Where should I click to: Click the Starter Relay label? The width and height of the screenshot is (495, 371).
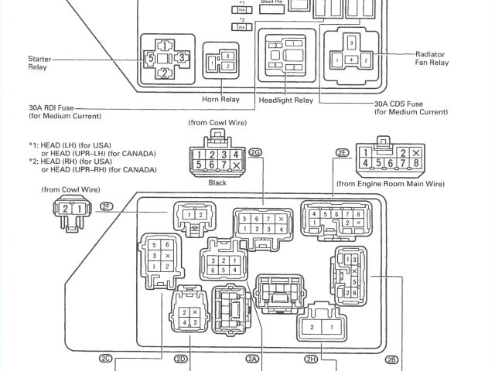38,63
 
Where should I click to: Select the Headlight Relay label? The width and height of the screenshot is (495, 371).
285,100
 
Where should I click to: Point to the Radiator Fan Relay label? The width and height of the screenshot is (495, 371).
432,58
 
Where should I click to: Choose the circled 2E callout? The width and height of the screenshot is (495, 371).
342,154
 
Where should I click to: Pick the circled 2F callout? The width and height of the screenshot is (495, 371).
108,206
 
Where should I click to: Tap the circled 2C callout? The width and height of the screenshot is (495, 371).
106,359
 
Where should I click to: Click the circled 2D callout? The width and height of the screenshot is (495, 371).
181,359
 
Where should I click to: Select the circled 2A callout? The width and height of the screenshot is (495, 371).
252,359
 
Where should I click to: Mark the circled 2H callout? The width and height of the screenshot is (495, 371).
312,359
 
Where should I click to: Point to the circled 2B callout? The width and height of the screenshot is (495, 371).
392,359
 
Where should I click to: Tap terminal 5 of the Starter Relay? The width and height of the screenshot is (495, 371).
151,57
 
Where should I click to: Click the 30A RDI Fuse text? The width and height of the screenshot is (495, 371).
61,108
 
